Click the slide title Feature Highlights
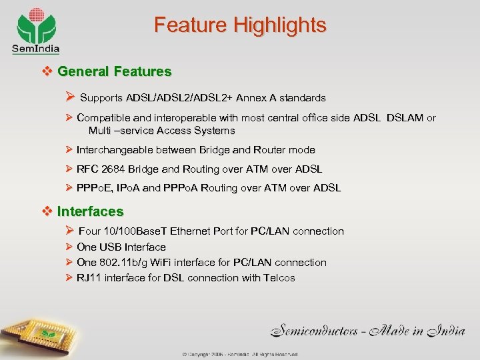[240, 25]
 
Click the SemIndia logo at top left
[35, 31]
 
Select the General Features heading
[114, 71]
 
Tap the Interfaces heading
[90, 211]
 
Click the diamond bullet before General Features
[47, 71]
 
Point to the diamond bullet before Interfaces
[47, 211]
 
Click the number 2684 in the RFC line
[113, 169]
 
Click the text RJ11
[89, 278]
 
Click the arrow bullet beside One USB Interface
[68, 247]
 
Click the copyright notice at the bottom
[240, 355]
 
